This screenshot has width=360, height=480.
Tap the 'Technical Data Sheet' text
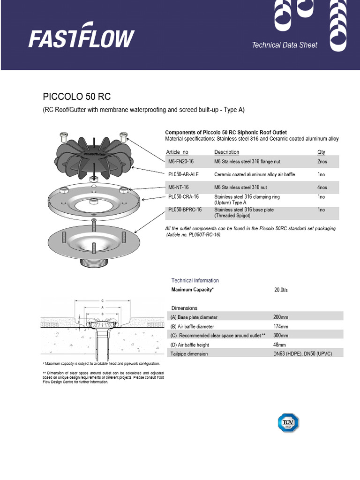coord(285,45)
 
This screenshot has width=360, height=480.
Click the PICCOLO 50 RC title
coord(77,97)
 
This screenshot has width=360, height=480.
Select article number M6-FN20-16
coord(180,162)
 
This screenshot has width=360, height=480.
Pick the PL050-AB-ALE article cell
coord(183,174)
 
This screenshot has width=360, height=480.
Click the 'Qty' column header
coord(321,152)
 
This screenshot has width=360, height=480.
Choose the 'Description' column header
coord(226,152)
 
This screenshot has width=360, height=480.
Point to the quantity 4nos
coord(322,187)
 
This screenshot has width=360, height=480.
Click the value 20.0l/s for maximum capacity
coord(281,290)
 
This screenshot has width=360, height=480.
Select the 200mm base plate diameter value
coord(281,317)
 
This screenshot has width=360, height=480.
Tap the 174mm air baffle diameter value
coord(281,326)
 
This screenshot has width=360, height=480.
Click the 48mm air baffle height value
coord(279,345)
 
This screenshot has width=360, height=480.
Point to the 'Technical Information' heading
coord(195,280)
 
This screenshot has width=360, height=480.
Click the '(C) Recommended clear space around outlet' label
coord(218,336)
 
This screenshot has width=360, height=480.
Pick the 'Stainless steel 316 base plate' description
coord(244,210)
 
